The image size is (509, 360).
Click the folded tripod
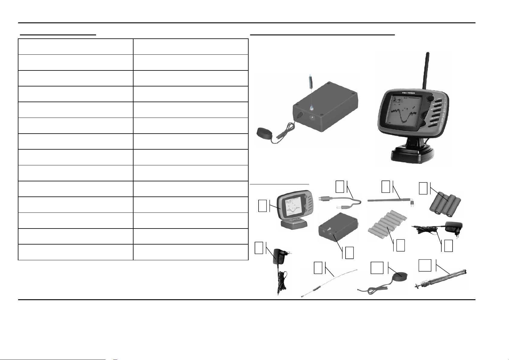click(x=441, y=278)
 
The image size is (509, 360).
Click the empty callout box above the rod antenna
click(x=386, y=186)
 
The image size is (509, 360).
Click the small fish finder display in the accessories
click(x=293, y=212)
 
